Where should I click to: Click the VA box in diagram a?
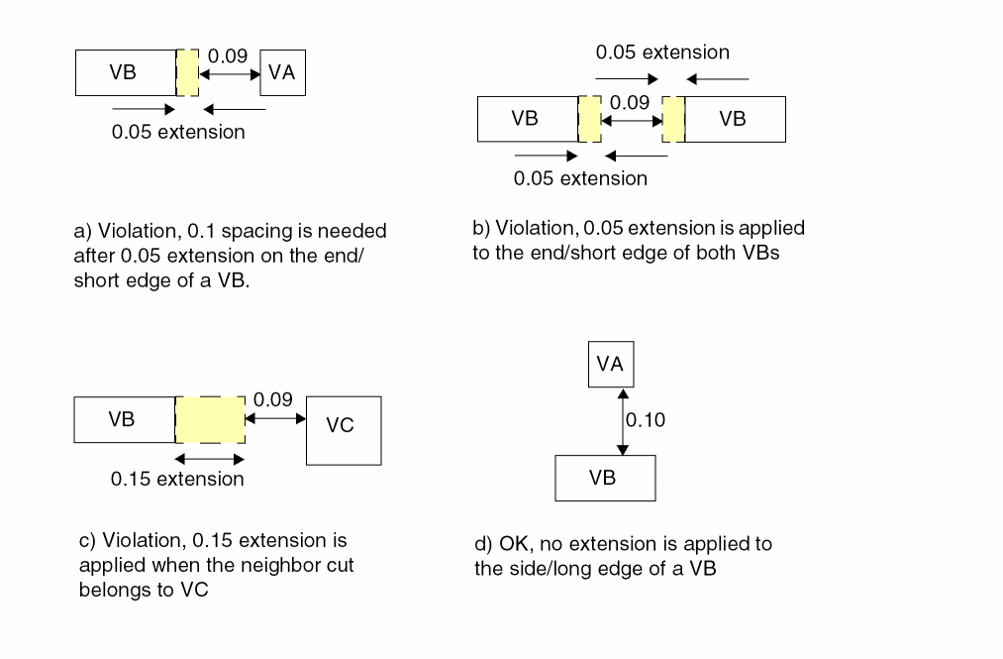point(283,72)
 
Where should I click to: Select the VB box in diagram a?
point(125,72)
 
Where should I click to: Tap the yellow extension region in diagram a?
point(187,72)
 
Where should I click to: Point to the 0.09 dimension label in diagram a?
point(227,57)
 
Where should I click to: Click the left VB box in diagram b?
point(526,119)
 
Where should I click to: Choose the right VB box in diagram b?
point(734,119)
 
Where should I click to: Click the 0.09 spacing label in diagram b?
point(630,102)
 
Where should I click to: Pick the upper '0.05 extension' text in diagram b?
point(662,53)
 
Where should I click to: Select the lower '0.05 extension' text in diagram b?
point(580,179)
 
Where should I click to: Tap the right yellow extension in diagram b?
point(674,119)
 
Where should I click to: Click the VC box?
point(344,430)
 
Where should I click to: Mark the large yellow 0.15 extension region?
point(210,420)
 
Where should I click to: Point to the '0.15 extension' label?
point(177,480)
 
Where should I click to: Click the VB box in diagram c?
point(124,420)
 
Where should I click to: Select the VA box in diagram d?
point(610,365)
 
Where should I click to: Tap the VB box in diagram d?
point(604,478)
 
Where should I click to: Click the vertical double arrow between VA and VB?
point(622,420)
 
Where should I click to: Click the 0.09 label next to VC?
point(273,400)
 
